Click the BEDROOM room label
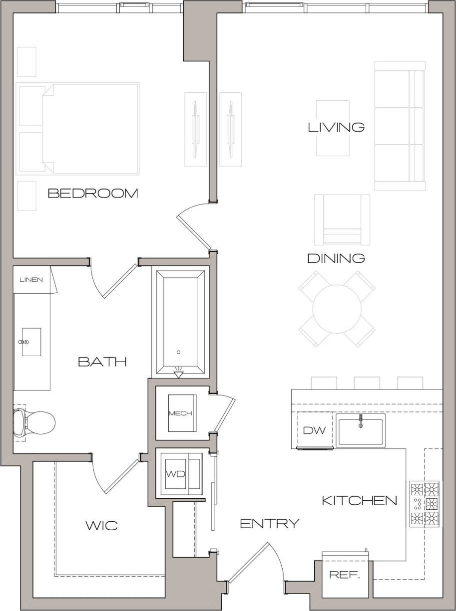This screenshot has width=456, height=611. click(x=93, y=194)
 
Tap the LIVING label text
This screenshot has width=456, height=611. click(x=336, y=127)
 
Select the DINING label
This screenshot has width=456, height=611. click(x=336, y=258)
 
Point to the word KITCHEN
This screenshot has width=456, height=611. click(x=360, y=500)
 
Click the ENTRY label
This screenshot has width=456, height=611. click(x=270, y=523)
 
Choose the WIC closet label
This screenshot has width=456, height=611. click(x=101, y=525)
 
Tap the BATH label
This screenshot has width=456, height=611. click(x=102, y=362)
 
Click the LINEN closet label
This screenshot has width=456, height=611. click(x=31, y=279)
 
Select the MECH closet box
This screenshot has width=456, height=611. click(x=180, y=413)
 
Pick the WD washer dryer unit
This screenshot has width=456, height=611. click(x=176, y=474)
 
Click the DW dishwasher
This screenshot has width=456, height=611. click(x=314, y=430)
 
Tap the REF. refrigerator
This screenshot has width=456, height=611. click(x=345, y=575)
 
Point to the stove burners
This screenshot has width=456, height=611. click(x=425, y=504)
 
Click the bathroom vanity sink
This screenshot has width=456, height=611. click(x=31, y=342)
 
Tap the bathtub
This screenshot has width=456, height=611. click(x=180, y=322)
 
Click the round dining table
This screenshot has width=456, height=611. click(x=337, y=309)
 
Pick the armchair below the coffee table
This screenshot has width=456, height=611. click(x=342, y=218)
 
